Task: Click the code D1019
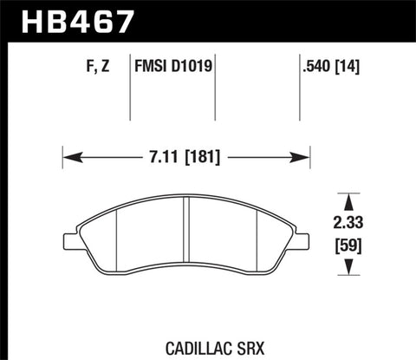point(196,64)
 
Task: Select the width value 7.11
point(164,158)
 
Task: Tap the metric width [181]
point(204,158)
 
